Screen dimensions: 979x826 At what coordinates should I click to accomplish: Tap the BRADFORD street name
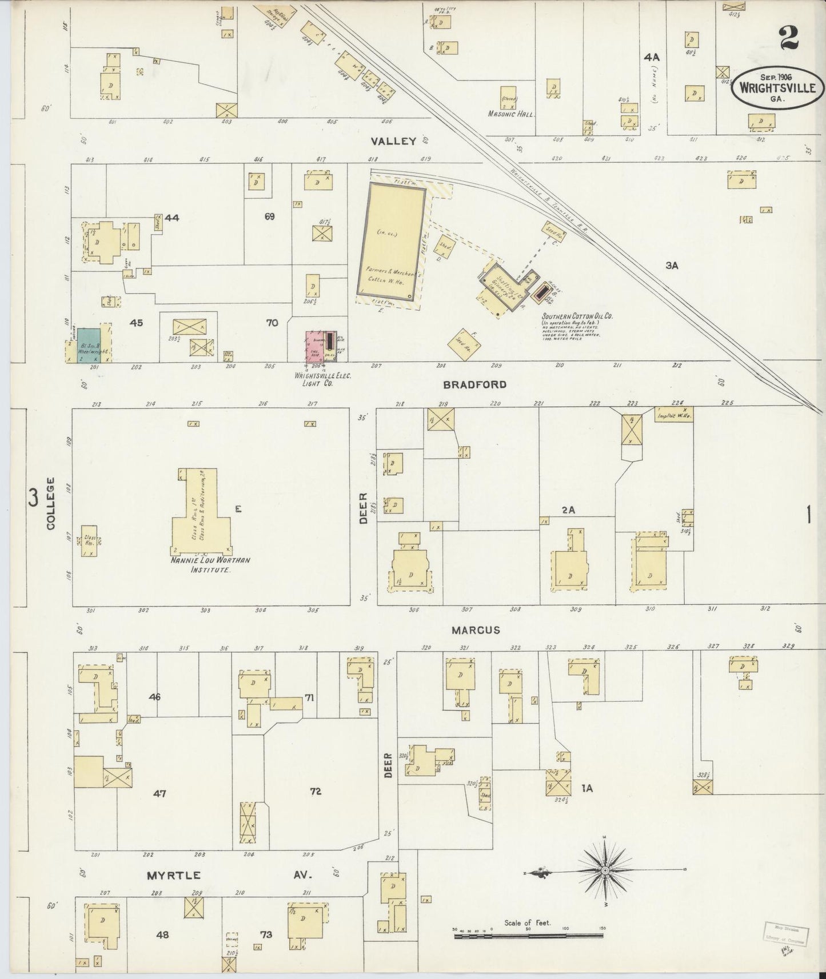[483, 384]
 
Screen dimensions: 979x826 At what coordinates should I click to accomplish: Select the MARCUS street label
[476, 630]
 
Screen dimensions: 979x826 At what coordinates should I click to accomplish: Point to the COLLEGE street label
[50, 503]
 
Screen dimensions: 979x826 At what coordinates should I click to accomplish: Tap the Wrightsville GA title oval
[780, 87]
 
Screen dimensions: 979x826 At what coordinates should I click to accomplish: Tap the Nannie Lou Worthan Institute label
[210, 564]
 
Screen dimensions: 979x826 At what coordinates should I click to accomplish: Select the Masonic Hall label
[510, 114]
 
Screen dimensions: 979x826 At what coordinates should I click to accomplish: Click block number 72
[315, 791]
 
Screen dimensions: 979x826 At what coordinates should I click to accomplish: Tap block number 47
[159, 793]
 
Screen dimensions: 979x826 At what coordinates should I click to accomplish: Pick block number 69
[270, 216]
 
